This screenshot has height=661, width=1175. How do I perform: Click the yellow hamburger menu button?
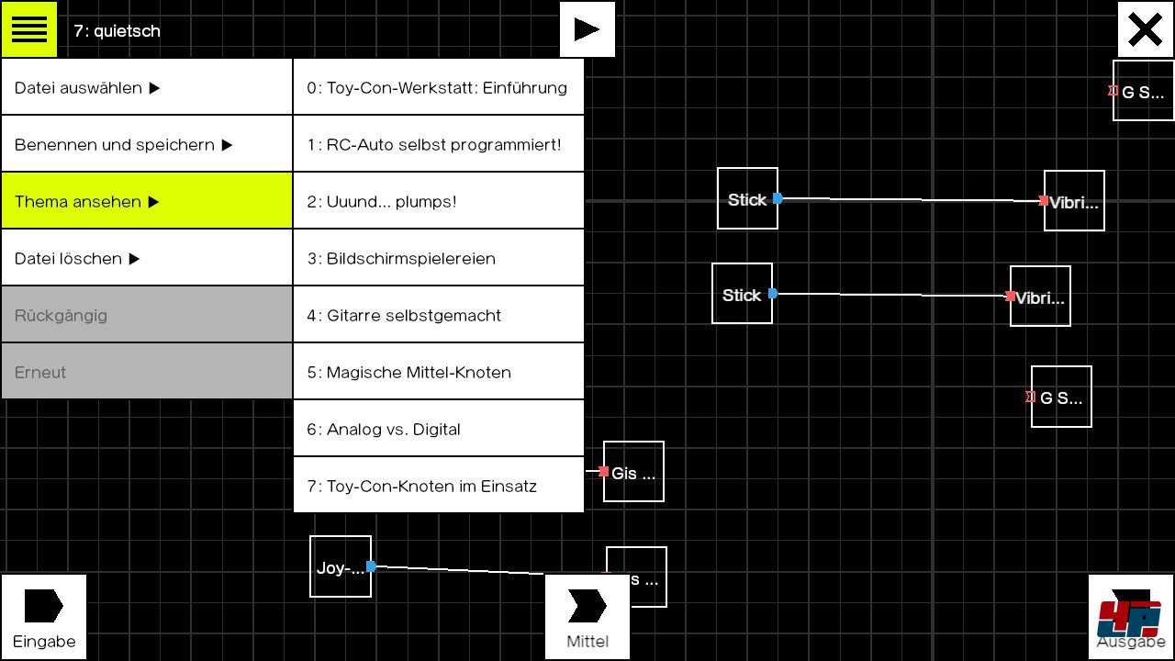[28, 29]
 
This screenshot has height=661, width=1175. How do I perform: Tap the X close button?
[1145, 29]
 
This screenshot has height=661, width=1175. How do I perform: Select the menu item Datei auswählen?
[146, 87]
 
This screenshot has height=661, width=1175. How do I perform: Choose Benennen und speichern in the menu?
[146, 144]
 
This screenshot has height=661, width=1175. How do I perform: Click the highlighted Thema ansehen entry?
[146, 201]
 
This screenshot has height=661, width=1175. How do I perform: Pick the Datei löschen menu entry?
[146, 258]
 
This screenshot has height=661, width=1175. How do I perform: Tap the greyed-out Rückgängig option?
[146, 315]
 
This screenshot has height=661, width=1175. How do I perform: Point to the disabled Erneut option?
[146, 372]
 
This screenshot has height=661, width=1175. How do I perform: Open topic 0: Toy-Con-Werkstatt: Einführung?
[438, 87]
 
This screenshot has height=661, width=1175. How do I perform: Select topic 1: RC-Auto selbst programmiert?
[438, 144]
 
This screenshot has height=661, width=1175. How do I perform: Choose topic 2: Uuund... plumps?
[438, 201]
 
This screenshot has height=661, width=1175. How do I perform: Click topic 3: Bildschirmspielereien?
[438, 258]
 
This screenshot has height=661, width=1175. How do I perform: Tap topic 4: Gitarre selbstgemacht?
[438, 315]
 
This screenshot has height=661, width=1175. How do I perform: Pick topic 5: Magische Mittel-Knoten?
[438, 372]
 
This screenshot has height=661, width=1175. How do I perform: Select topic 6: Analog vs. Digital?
[438, 429]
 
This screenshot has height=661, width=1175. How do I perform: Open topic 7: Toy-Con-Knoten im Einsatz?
[438, 486]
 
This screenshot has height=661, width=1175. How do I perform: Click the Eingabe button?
[43, 616]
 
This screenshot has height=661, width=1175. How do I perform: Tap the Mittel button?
[587, 616]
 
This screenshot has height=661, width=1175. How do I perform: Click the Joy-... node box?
[340, 566]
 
